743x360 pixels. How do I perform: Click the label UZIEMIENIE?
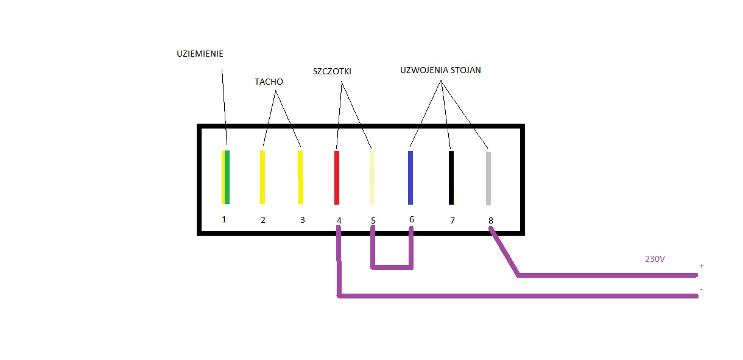point(200,54)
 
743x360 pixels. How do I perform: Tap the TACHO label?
point(269,82)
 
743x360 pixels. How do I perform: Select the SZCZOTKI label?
point(332,71)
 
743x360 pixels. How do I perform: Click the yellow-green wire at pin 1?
point(225,177)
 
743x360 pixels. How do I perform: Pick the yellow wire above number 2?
point(262,177)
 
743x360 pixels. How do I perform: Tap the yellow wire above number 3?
point(300,177)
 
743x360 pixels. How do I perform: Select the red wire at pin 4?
point(337,178)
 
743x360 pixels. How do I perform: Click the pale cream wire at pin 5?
point(372,178)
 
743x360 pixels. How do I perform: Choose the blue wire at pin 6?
point(410,178)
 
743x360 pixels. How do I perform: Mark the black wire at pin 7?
point(451,178)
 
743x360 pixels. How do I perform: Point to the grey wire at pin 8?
point(488,178)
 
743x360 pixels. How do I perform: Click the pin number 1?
point(224,219)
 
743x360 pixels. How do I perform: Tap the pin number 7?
point(452,221)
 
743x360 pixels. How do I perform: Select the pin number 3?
point(303,220)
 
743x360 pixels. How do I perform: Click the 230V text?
point(655,259)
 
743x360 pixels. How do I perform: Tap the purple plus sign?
point(701,266)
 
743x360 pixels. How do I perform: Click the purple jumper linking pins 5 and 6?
point(392,267)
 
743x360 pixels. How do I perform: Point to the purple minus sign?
point(701,289)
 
